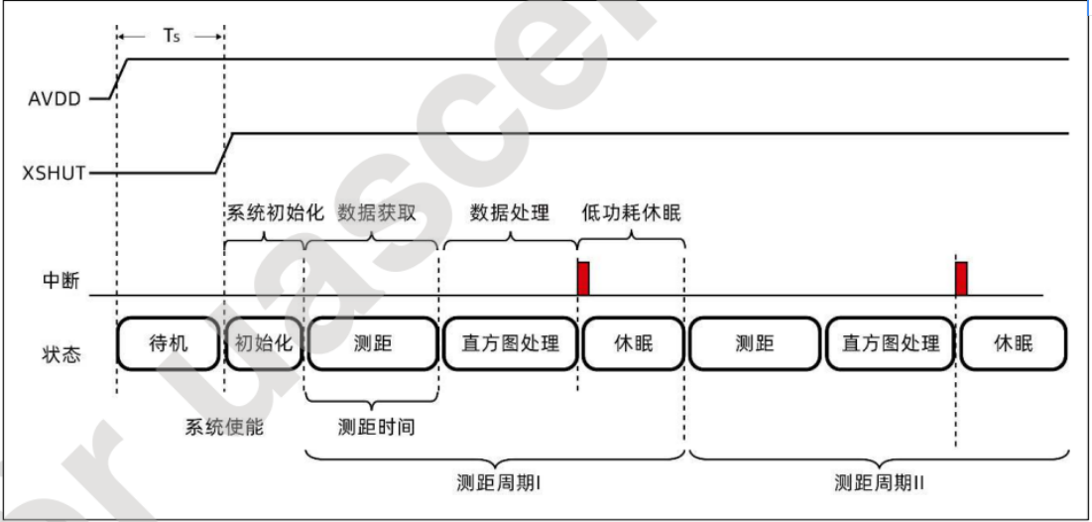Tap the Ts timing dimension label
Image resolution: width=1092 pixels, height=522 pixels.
click(170, 37)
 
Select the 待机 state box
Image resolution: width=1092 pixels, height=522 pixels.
click(167, 343)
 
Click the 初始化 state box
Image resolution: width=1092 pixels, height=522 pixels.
click(263, 343)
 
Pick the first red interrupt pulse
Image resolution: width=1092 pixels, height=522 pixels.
click(583, 278)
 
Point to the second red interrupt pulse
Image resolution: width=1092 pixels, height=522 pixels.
click(961, 278)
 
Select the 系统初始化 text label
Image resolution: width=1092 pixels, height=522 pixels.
click(264, 213)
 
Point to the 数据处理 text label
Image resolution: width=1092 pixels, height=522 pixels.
click(509, 213)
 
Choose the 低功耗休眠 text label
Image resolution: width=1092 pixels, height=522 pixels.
click(631, 213)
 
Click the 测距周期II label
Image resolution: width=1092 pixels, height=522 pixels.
click(880, 483)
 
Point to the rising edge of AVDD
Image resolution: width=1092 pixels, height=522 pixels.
click(118, 78)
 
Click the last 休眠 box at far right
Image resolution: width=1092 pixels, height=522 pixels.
click(1013, 343)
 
